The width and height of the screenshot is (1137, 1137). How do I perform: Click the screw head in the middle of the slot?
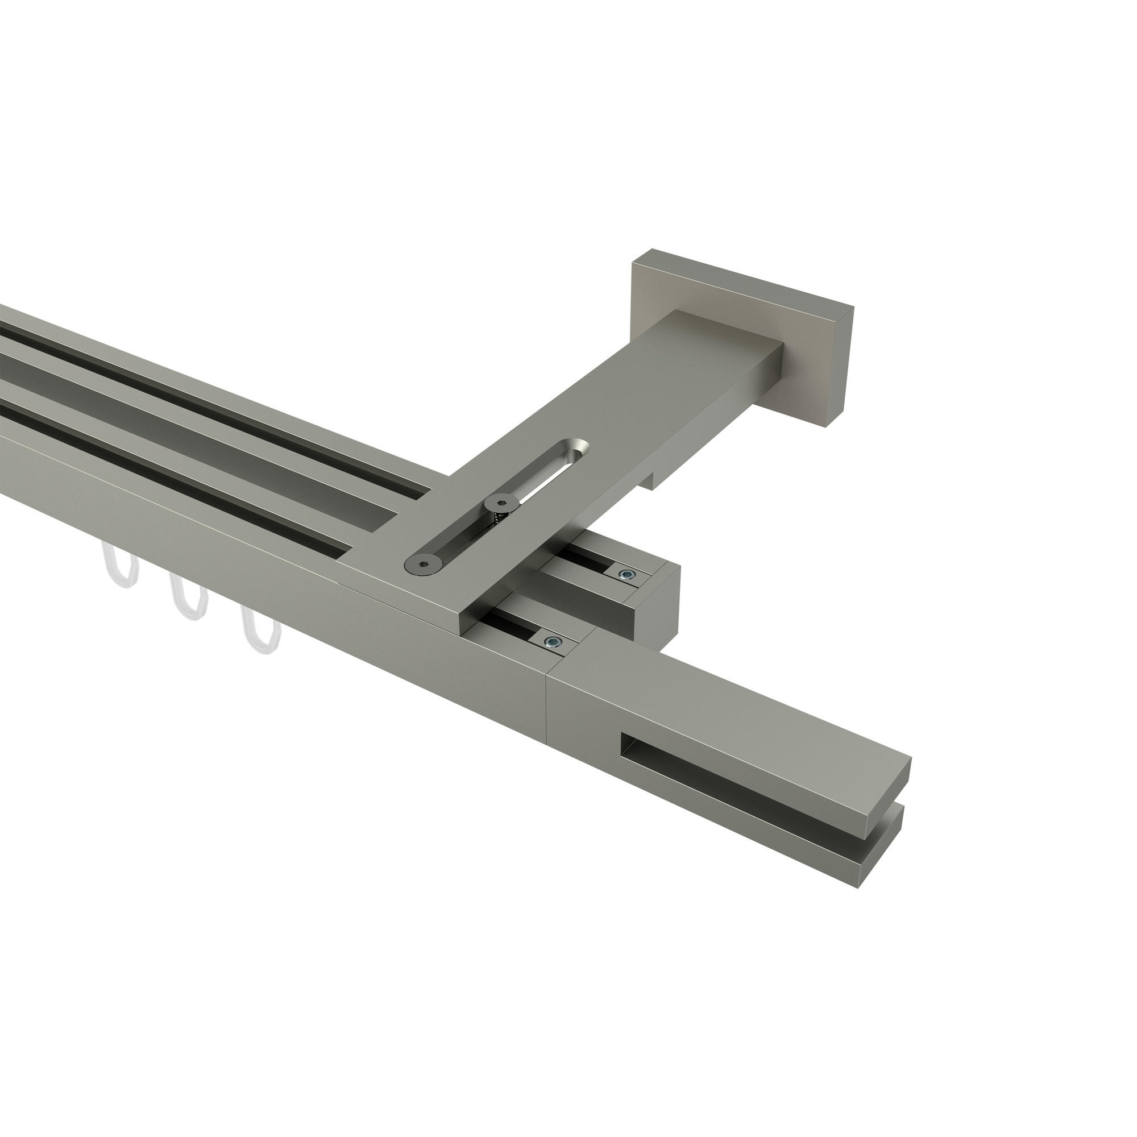(x=500, y=502)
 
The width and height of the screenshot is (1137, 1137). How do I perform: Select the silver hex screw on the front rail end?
(x=552, y=641)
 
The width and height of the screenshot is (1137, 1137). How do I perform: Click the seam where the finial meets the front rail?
(x=548, y=695)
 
